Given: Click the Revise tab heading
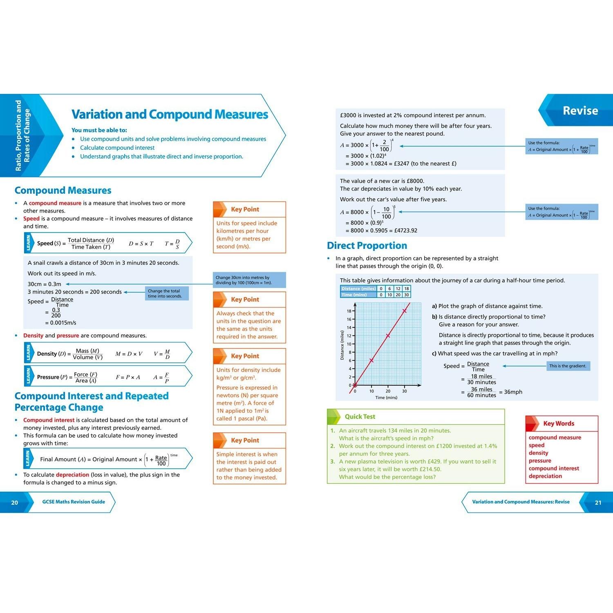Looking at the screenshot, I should click(580, 111).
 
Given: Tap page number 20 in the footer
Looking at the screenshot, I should click(15, 503).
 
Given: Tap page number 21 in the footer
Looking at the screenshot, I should click(598, 503).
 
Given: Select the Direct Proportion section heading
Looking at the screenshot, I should click(367, 246).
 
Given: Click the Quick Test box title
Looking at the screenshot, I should click(360, 417).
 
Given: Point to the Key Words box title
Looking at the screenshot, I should click(559, 424).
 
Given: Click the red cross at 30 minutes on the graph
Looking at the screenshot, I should click(405, 311).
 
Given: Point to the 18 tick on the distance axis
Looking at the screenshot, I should click(349, 311).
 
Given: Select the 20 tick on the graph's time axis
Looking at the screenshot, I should click(388, 392).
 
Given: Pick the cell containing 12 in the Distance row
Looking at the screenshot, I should click(398, 289).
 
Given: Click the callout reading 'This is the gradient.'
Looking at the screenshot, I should click(568, 366).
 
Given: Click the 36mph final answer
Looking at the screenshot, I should click(513, 392).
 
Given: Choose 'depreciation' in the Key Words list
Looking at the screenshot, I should click(545, 476).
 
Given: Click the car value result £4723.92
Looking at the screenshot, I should click(405, 230).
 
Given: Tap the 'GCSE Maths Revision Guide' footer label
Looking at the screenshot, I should click(74, 502).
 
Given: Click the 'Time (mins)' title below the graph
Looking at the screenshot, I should click(386, 398).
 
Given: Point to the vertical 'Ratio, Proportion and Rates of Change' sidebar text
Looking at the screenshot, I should click(22, 135).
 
